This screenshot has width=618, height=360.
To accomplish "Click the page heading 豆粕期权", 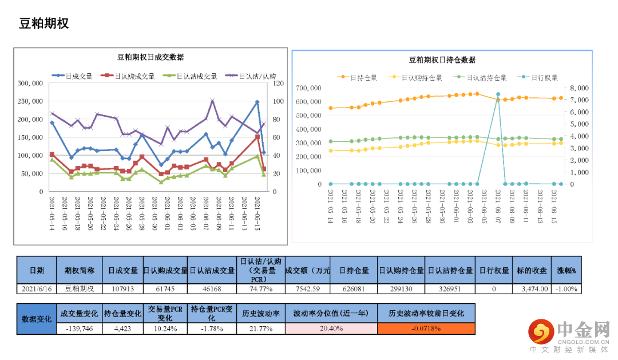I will pos(44,23).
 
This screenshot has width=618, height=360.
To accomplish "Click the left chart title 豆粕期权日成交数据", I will pos(150,57).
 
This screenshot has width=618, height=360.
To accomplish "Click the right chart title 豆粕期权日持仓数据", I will pos(442,60).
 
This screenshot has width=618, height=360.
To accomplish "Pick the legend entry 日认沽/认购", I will pos(257,76).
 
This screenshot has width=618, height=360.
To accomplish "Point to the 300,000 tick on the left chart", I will pos(30,84).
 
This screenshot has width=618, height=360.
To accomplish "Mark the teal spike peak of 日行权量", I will pos(498,94).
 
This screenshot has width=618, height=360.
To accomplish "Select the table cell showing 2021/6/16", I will pos(37,288).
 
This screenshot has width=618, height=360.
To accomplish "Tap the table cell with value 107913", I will pos(123,288).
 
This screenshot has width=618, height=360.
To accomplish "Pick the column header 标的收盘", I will pos(532,270).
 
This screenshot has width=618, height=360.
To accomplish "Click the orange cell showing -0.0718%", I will pos(426,329).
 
